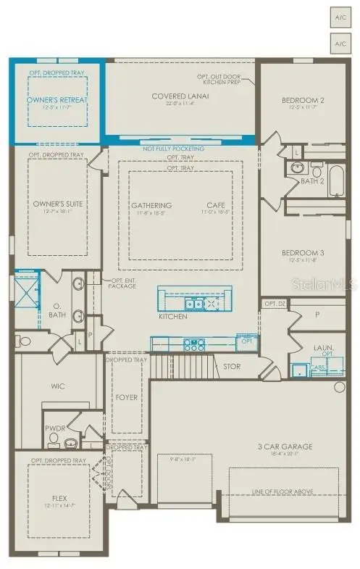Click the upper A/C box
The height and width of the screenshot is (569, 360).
click(x=340, y=16)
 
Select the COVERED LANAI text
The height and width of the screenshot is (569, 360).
click(x=180, y=96)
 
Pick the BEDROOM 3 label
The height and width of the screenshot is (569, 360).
click(x=304, y=253)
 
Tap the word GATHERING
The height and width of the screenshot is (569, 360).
click(x=151, y=205)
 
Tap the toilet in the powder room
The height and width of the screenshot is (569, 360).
click(x=71, y=442)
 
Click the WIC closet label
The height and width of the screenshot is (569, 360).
click(x=58, y=387)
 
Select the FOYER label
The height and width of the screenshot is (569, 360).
click(x=127, y=397)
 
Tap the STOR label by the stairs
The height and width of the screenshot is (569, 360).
click(x=232, y=367)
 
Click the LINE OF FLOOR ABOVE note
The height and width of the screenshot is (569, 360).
click(x=284, y=491)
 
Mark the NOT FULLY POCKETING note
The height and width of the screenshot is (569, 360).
click(x=174, y=149)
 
